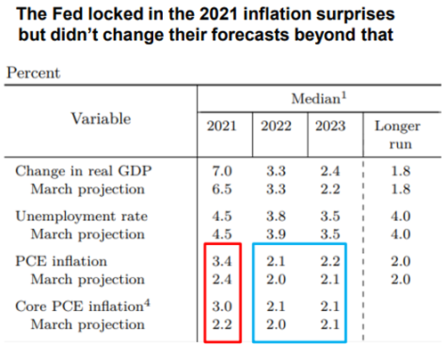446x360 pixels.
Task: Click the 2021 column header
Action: coord(222,126)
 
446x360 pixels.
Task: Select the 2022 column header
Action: coord(276,126)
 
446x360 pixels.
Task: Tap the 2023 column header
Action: coord(330,126)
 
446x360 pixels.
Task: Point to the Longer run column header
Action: coord(398,135)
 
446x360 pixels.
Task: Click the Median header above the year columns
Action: coord(319,99)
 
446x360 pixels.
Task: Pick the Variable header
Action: coord(101,119)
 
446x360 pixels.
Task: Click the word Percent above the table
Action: coord(33,73)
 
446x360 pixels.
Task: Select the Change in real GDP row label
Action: coord(84,171)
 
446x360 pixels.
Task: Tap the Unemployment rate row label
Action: coord(82,217)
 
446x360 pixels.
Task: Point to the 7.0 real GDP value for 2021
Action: coord(222,171)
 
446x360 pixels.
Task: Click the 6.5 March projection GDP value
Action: coord(222,189)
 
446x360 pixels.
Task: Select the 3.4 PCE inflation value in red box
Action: coord(222,261)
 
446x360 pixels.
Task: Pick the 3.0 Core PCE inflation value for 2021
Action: coord(222,307)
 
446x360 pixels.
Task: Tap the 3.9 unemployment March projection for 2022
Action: coord(276,234)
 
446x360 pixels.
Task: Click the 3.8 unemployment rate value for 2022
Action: coord(276,217)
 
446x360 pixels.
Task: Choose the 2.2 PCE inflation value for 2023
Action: coord(330,261)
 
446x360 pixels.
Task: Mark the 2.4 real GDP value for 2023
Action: coord(330,171)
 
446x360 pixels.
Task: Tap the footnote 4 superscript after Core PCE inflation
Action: coord(147,303)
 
